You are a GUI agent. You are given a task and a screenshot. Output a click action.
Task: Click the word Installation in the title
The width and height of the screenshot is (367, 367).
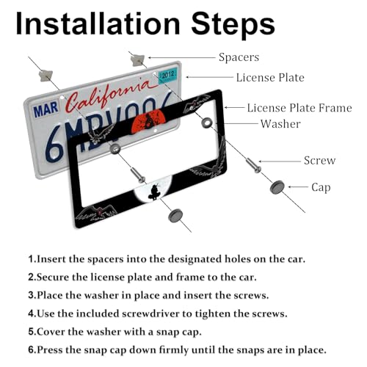(98, 23)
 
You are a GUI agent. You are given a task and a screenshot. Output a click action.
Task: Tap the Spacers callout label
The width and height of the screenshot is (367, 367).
(239, 58)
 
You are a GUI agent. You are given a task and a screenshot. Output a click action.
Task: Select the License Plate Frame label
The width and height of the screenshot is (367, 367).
(299, 108)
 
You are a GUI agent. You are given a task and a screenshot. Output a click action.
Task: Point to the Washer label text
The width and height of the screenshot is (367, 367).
(280, 124)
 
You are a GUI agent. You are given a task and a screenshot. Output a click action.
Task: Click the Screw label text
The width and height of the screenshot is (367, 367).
(319, 161)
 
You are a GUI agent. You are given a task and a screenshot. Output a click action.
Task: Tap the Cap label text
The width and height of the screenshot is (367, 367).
(321, 188)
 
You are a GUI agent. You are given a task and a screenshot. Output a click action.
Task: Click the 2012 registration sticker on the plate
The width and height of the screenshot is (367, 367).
(168, 75)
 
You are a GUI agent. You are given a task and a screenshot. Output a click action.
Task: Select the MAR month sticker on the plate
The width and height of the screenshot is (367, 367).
(46, 109)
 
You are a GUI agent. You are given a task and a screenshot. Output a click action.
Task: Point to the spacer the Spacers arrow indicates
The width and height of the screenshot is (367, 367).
(137, 60)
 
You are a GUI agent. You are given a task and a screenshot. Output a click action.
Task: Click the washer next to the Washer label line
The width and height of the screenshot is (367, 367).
(207, 123)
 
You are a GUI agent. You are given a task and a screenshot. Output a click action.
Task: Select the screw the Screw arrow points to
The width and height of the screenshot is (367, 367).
(253, 165)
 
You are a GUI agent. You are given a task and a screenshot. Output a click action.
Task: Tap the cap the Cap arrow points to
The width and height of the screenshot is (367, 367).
(277, 187)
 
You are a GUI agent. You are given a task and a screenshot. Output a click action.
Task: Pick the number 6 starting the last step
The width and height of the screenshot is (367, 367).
(31, 349)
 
